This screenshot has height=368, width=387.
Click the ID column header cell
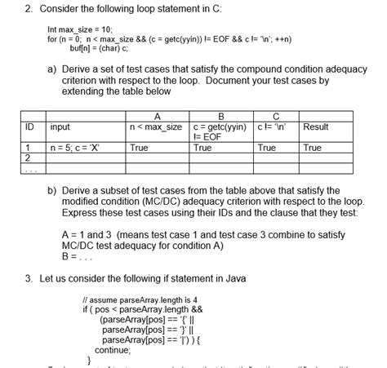[x=29, y=126]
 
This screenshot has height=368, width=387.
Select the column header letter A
[x=156, y=116]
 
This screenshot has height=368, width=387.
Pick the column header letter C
[x=275, y=116]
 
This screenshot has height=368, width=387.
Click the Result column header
[x=316, y=126]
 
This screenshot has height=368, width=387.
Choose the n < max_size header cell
[x=156, y=126]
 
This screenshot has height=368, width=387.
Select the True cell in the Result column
[x=313, y=149]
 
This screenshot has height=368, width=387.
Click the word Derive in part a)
[x=80, y=70]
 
